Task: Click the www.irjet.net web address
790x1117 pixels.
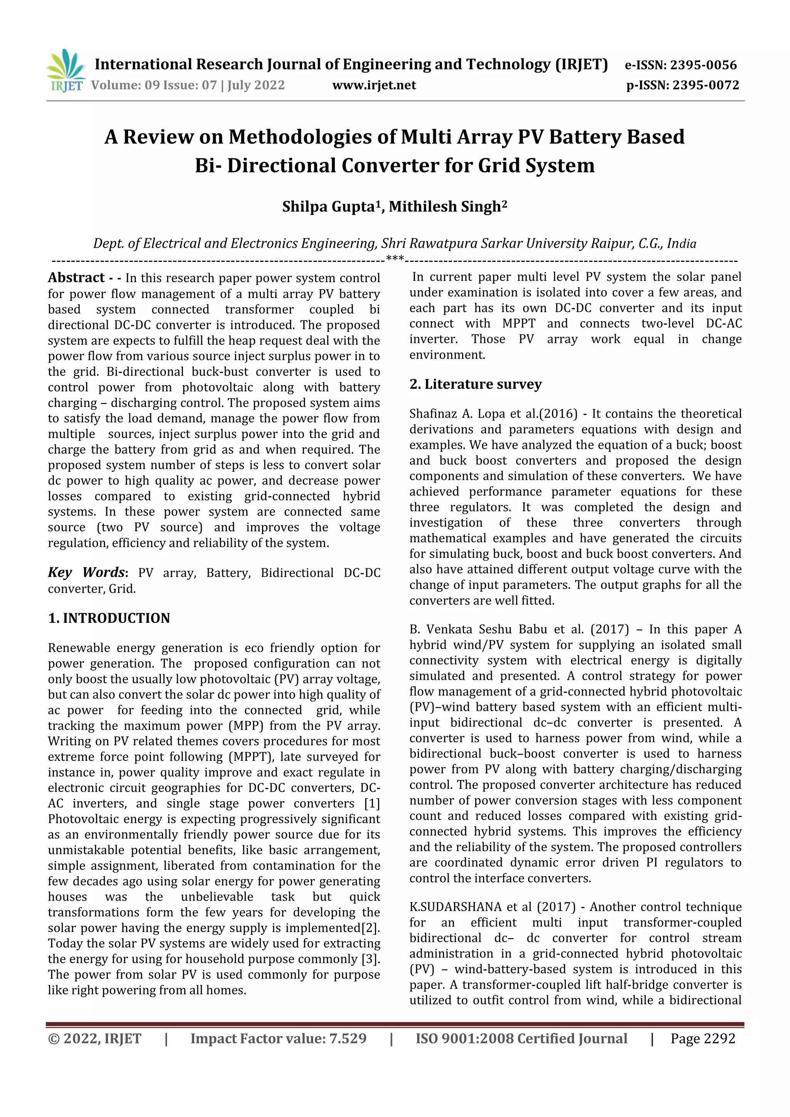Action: click(374, 86)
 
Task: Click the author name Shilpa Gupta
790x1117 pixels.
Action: click(329, 207)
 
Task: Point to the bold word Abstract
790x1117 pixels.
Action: click(76, 278)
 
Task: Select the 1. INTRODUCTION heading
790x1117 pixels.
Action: click(109, 618)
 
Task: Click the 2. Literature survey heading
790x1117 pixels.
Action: click(475, 384)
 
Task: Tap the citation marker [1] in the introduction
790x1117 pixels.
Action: click(372, 803)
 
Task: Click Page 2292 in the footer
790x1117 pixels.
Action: click(702, 1039)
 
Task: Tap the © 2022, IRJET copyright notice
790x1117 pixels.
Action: click(95, 1039)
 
